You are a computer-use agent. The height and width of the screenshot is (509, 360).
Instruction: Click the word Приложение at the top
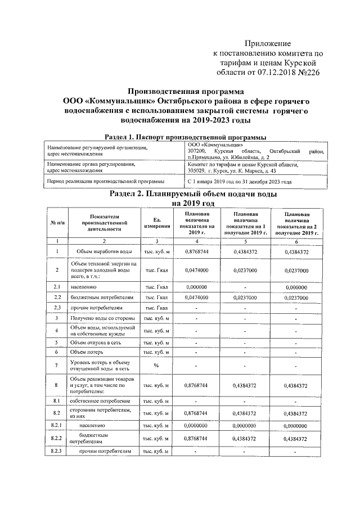click(267, 43)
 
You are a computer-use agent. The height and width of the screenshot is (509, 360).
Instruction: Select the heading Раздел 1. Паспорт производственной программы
click(186, 137)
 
